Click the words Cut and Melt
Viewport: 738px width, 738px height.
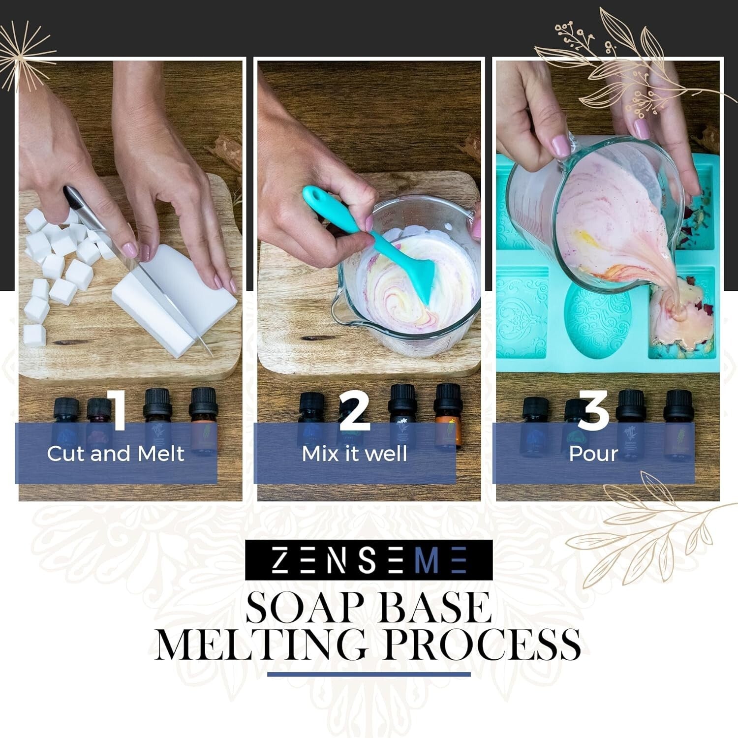(116, 454)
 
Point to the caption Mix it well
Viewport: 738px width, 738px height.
(355, 454)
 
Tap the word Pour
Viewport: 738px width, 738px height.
(593, 454)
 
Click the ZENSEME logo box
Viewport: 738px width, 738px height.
(369, 560)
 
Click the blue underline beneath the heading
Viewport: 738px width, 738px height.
(369, 675)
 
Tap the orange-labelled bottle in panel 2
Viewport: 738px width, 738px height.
(447, 418)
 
